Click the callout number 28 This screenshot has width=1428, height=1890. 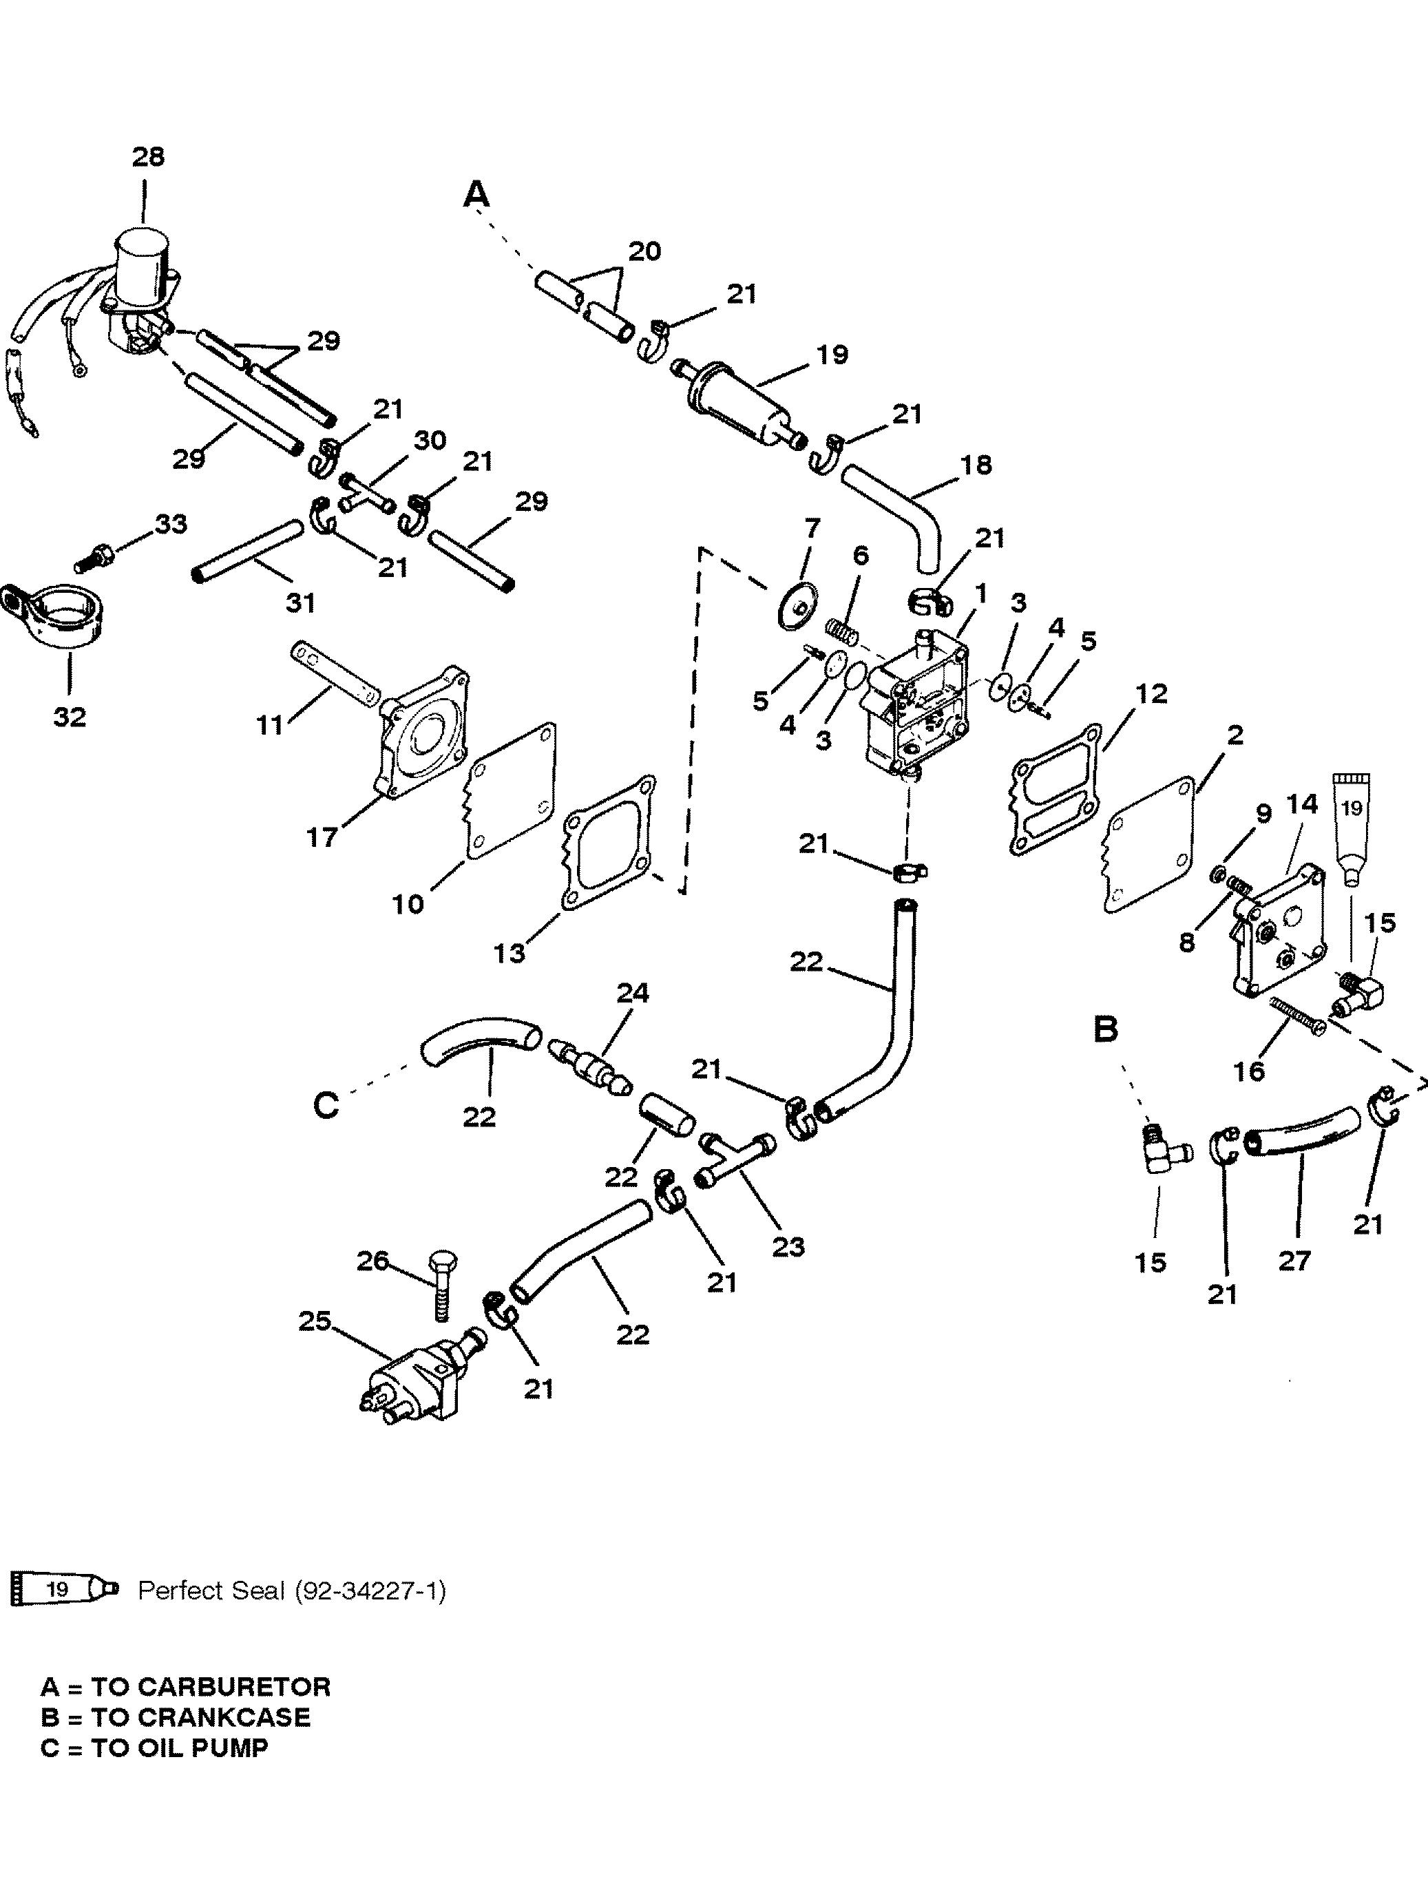[x=148, y=157]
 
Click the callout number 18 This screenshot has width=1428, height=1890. [x=976, y=465]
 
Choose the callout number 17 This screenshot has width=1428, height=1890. [x=322, y=837]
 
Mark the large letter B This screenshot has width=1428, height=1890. [x=1106, y=1031]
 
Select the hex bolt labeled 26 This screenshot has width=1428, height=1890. [x=441, y=1284]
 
